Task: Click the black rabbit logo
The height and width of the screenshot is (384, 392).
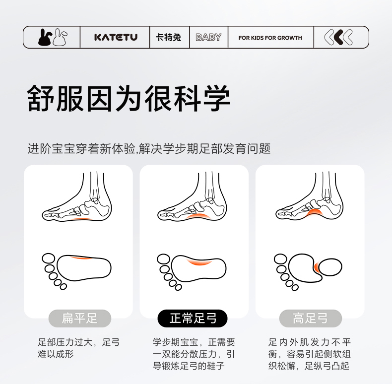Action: [x=45, y=38]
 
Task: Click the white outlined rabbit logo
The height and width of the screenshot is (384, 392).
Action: [x=60, y=38]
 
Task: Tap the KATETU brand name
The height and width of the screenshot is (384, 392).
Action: [x=116, y=38]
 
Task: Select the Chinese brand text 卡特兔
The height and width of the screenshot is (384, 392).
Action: [x=168, y=38]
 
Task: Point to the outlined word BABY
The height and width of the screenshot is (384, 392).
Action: [x=208, y=38]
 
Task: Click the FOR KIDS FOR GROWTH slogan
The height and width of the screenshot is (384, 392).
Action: [x=270, y=38]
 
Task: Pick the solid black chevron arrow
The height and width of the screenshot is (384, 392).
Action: [x=338, y=37]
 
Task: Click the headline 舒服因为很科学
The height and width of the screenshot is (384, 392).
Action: [x=128, y=98]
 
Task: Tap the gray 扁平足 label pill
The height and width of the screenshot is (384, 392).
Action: [x=80, y=318]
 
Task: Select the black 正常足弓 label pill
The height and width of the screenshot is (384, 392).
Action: [x=193, y=318]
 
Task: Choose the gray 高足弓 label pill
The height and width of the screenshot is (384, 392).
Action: [x=311, y=318]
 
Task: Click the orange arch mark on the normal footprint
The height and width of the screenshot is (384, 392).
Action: [x=199, y=262]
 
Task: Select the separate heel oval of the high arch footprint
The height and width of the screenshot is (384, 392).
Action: [x=330, y=267]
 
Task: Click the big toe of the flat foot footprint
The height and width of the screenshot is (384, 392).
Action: [x=49, y=258]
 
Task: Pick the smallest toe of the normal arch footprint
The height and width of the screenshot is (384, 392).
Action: [x=178, y=287]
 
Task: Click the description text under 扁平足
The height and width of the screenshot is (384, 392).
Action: [x=79, y=348]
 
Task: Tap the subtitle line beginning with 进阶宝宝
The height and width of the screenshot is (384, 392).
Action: [x=149, y=149]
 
